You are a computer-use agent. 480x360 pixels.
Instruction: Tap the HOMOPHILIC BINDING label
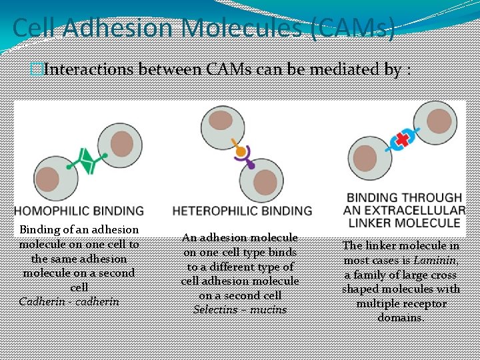click(x=79, y=211)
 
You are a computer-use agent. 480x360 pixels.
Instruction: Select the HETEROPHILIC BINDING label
click(x=242, y=211)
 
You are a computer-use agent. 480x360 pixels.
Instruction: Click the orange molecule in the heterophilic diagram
click(x=241, y=152)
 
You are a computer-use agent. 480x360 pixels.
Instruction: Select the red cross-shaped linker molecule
click(x=402, y=139)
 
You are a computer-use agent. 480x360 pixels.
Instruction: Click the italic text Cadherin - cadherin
click(x=69, y=301)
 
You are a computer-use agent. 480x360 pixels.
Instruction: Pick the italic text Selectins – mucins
click(x=240, y=309)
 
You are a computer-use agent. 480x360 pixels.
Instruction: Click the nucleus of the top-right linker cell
click(x=443, y=121)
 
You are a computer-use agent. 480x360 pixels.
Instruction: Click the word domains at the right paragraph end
click(x=401, y=318)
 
